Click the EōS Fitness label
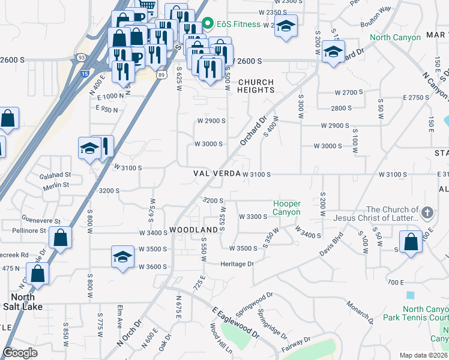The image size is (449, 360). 238,24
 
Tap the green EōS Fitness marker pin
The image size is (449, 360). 208,24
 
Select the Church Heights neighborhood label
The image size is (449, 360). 256,86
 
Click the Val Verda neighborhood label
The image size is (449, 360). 217,173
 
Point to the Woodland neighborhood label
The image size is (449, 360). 193,230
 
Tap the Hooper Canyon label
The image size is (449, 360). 286,208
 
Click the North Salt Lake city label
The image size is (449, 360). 22,302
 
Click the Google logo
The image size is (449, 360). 20,353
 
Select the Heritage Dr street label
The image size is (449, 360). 237,264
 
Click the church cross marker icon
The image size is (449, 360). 427,212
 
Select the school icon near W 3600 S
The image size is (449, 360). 122,257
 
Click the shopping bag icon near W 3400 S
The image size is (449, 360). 61,238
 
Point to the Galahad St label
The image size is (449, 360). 55,175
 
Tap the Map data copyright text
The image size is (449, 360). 424,355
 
